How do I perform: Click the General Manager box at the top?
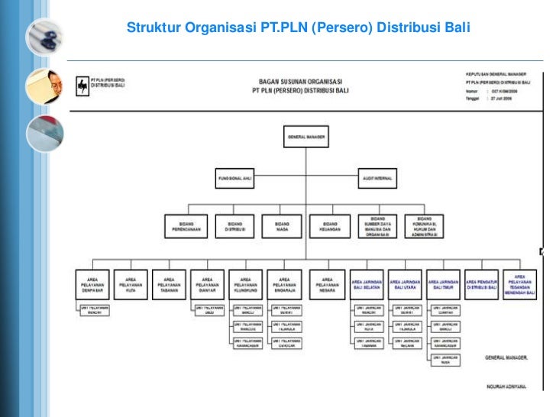click(x=306, y=137)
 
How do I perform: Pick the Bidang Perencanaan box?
click(x=186, y=225)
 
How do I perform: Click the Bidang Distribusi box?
click(x=233, y=225)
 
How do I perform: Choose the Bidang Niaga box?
click(x=281, y=225)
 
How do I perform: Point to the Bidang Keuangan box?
click(x=329, y=225)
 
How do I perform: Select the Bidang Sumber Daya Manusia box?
click(x=377, y=225)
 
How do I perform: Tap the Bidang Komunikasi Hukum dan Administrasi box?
click(x=425, y=225)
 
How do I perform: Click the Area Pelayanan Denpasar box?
click(x=93, y=284)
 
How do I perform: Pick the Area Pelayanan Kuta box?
click(x=131, y=284)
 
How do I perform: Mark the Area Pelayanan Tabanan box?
click(x=169, y=284)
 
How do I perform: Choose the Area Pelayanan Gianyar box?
click(x=207, y=284)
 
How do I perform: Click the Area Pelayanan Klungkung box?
click(x=246, y=284)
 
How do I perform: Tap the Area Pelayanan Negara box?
click(x=328, y=284)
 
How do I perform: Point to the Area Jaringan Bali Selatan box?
click(x=367, y=284)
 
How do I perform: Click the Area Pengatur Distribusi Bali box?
click(x=483, y=284)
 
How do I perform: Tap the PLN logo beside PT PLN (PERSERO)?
click(x=82, y=87)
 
